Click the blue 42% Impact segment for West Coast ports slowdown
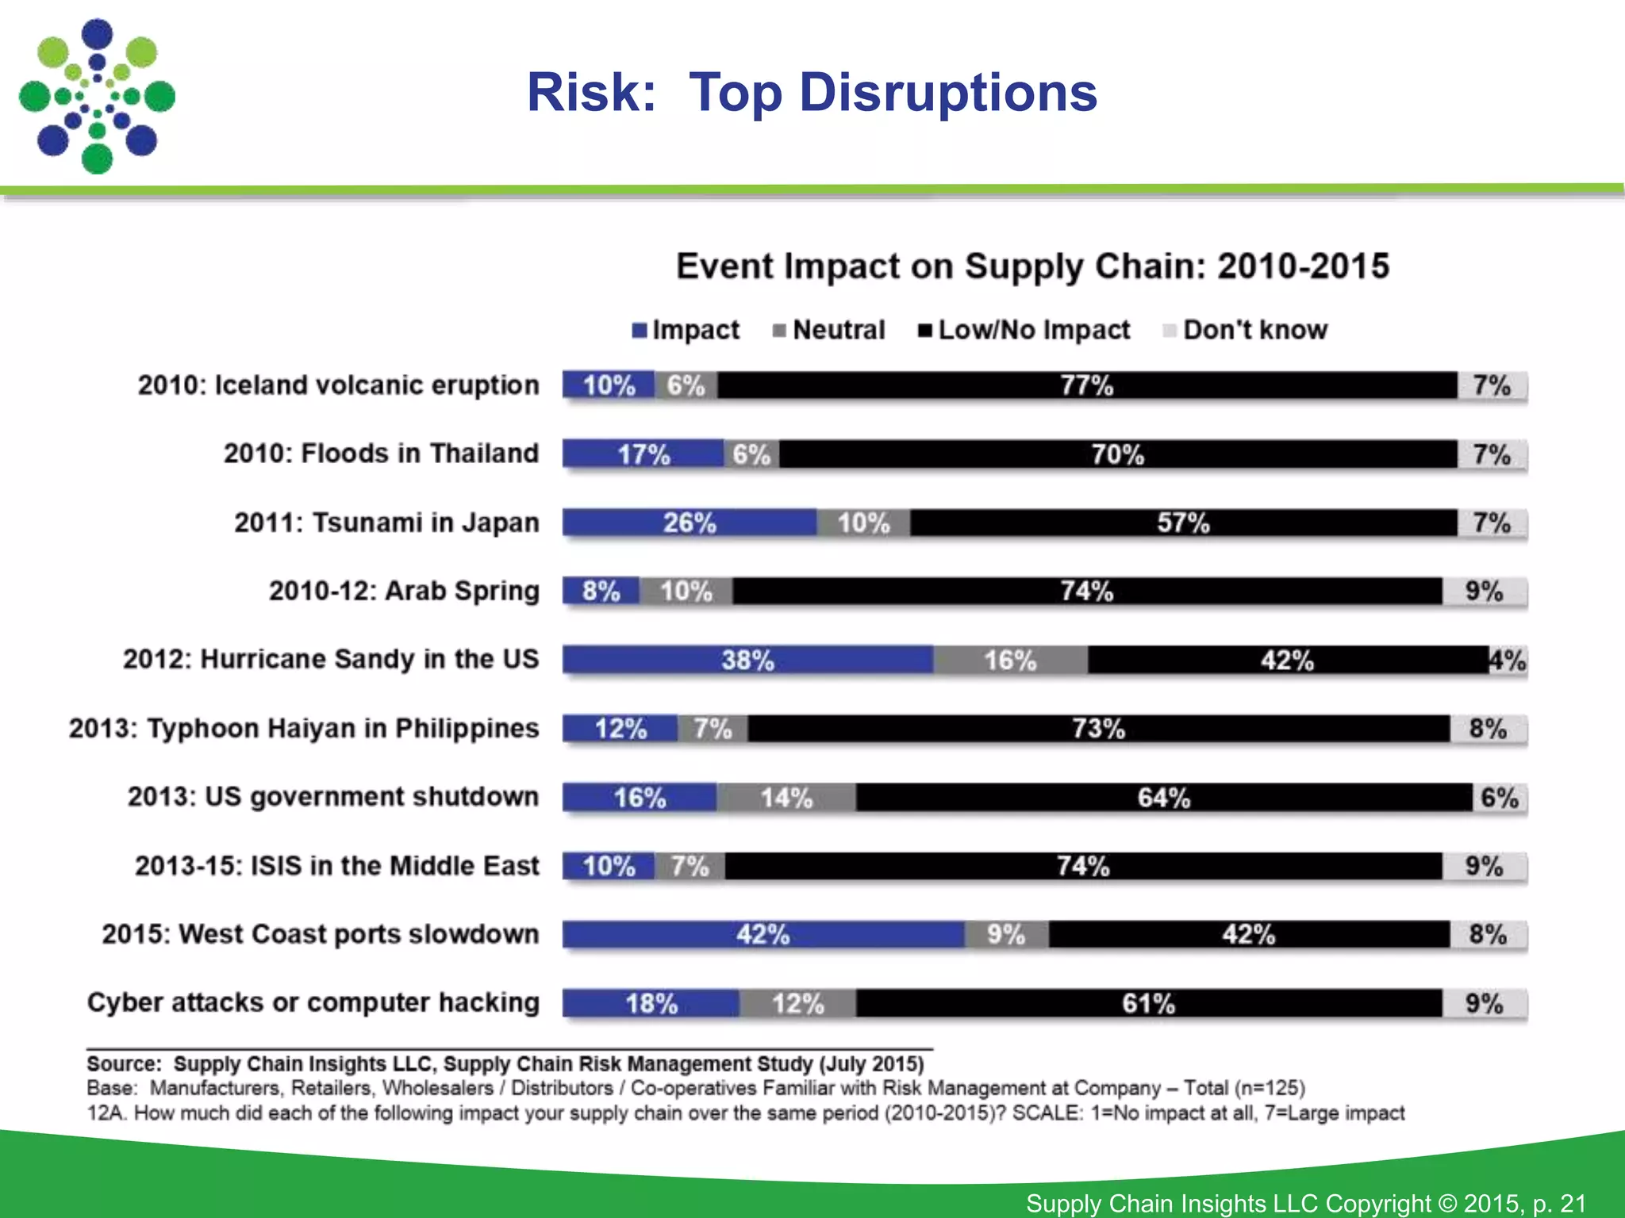pos(763,934)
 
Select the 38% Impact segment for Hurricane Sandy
pos(747,660)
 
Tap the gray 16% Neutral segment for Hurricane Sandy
pos(1010,660)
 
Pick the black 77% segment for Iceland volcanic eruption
pos(1087,385)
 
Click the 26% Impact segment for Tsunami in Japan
pos(690,523)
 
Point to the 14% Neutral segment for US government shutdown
pos(786,797)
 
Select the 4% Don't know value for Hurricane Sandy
pos(1508,660)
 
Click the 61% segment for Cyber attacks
pos(1148,1003)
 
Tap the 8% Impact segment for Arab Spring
pos(601,591)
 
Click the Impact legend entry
pos(686,330)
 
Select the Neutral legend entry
pos(828,330)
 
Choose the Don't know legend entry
pos(1246,330)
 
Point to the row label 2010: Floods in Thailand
pos(381,454)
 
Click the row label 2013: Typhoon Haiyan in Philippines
pos(304,728)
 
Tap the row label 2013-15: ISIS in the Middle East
pos(336,865)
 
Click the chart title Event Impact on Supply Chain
pos(1032,266)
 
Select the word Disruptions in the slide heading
pos(947,93)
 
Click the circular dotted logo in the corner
pos(97,97)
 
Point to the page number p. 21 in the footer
pos(1559,1203)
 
